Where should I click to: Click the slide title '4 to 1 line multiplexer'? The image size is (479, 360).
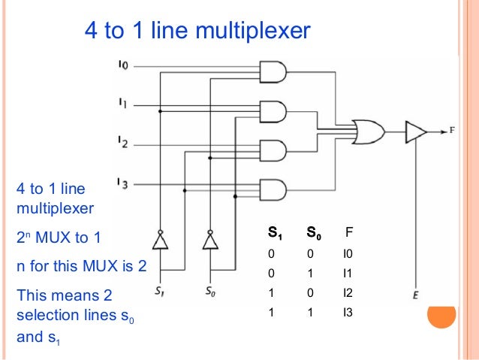[x=196, y=32]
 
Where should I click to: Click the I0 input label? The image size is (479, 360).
[x=124, y=66]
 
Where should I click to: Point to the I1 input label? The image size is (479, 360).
[x=124, y=102]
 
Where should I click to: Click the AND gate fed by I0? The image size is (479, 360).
[x=273, y=72]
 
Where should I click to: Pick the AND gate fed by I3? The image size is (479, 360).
[x=273, y=189]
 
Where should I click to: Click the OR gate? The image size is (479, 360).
[x=370, y=132]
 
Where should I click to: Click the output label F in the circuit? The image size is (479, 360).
[x=453, y=131]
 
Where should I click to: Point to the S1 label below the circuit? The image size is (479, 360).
[x=159, y=290]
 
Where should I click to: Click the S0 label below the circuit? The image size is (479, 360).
[x=211, y=290]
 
